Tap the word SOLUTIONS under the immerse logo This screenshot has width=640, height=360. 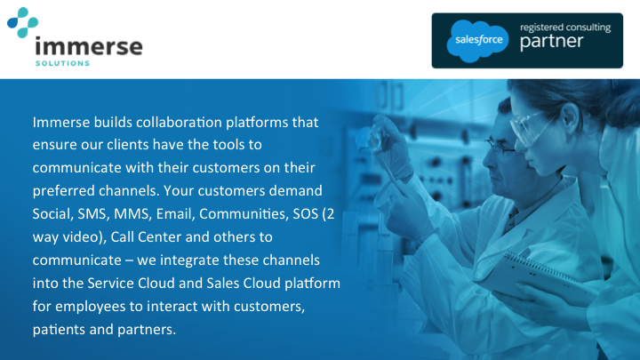pyautogui.click(x=60, y=63)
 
